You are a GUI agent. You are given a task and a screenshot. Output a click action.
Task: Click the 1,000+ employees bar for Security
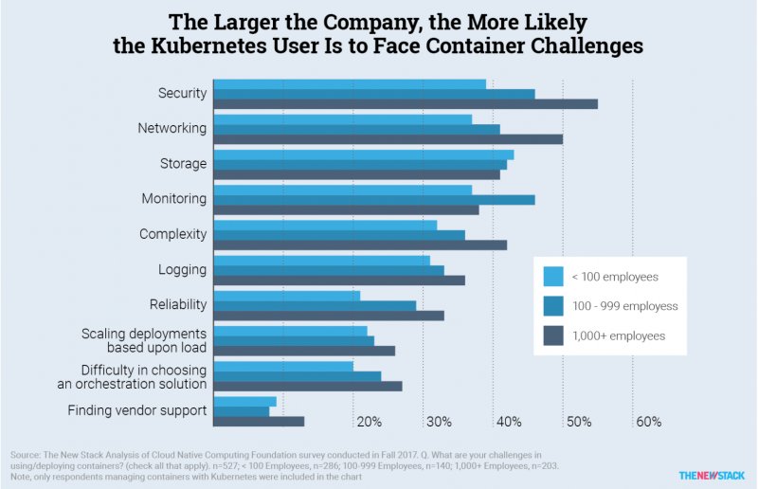pyautogui.click(x=406, y=103)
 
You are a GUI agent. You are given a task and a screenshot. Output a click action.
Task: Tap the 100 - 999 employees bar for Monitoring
pyautogui.click(x=374, y=199)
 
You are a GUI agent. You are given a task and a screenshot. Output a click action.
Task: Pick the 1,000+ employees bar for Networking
pyautogui.click(x=388, y=139)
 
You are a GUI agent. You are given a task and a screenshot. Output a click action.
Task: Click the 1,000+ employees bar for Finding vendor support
pyautogui.click(x=259, y=421)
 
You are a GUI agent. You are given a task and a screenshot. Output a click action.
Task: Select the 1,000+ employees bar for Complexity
pyautogui.click(x=360, y=244)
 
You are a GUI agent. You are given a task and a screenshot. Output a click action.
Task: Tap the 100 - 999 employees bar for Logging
pyautogui.click(x=329, y=270)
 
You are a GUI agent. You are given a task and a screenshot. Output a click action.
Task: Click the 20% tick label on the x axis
pyautogui.click(x=369, y=421)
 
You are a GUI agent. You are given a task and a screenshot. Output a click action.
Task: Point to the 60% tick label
pyautogui.click(x=648, y=421)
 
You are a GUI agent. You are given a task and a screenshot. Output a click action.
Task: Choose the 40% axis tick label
pyautogui.click(x=509, y=421)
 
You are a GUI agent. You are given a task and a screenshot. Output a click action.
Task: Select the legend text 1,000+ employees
pyautogui.click(x=618, y=335)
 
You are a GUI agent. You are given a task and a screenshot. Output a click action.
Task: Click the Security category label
pyautogui.click(x=182, y=93)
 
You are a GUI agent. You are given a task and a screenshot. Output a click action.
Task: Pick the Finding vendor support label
pyautogui.click(x=137, y=410)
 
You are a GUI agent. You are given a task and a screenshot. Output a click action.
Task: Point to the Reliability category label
pyautogui.click(x=178, y=304)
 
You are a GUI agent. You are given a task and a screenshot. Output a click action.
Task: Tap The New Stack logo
pyautogui.click(x=712, y=474)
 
